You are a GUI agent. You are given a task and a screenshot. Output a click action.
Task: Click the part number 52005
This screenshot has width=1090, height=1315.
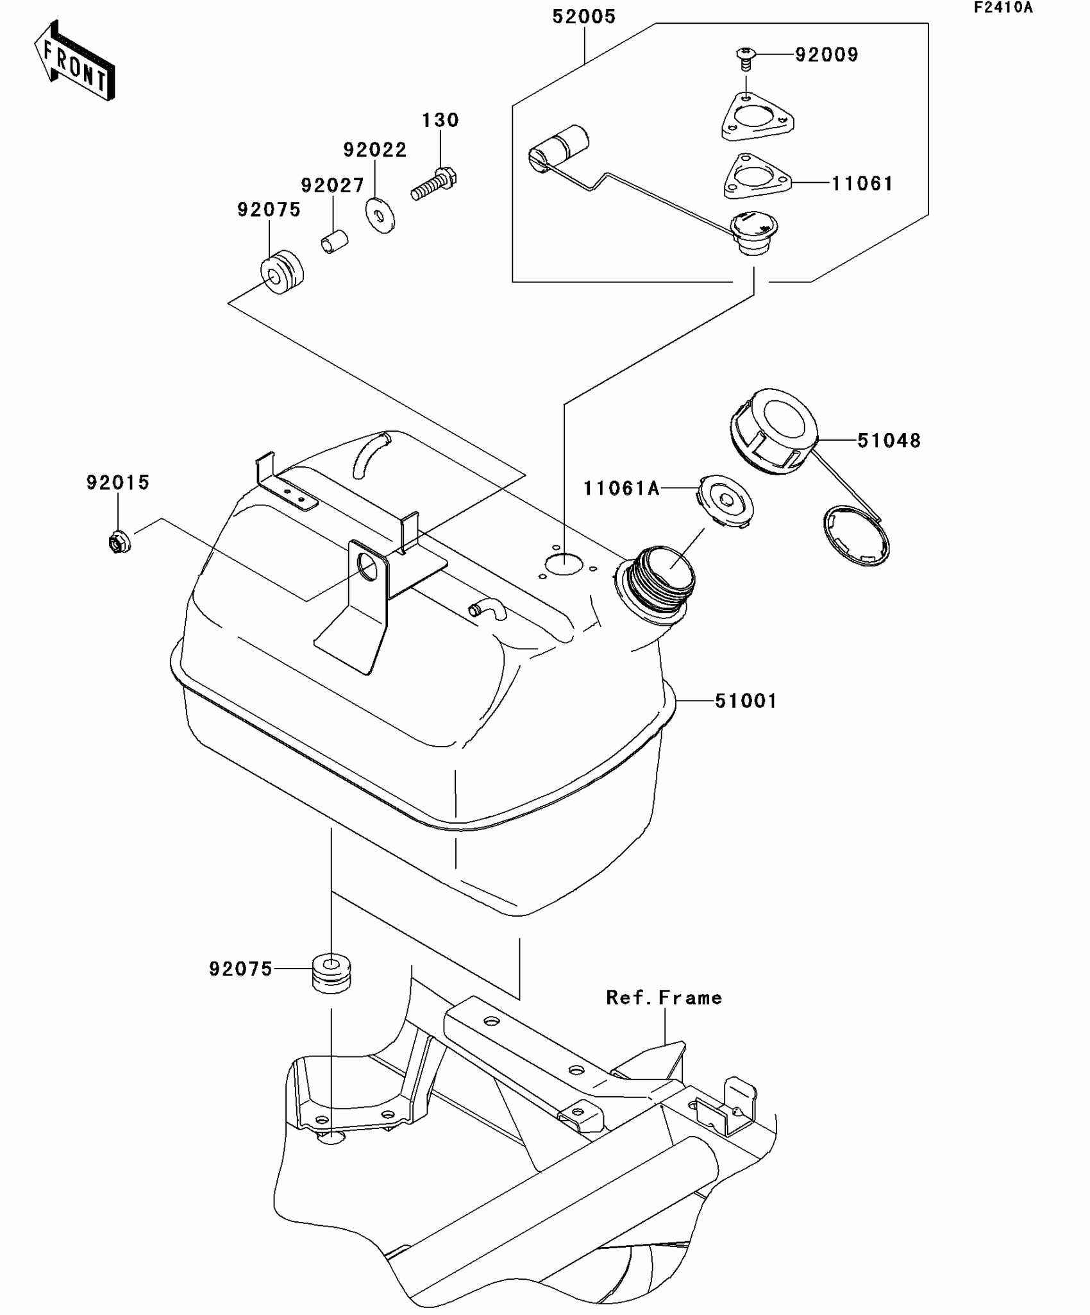click(583, 17)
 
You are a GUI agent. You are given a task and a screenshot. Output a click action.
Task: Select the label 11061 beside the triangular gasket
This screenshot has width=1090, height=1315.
click(862, 184)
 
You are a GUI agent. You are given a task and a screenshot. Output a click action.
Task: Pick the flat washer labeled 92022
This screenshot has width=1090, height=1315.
click(380, 216)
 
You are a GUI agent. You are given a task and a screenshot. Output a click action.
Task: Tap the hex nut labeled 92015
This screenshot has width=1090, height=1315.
click(119, 543)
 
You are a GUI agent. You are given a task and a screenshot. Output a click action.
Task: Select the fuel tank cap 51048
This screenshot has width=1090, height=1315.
click(775, 432)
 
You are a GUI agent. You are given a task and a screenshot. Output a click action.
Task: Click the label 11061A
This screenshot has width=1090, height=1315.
click(621, 489)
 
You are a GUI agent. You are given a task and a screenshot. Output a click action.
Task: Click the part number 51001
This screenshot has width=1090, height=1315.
click(745, 701)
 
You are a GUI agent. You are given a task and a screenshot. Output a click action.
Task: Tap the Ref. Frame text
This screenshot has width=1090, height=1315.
click(664, 997)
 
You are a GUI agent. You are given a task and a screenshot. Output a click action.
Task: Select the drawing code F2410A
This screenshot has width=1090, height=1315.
click(1003, 8)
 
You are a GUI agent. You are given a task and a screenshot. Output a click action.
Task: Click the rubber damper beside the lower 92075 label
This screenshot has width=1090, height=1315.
click(331, 973)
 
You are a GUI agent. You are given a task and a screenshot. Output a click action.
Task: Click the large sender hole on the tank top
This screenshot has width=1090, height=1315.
click(564, 564)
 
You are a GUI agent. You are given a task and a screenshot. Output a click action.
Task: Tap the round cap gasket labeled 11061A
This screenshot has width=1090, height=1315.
click(725, 502)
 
